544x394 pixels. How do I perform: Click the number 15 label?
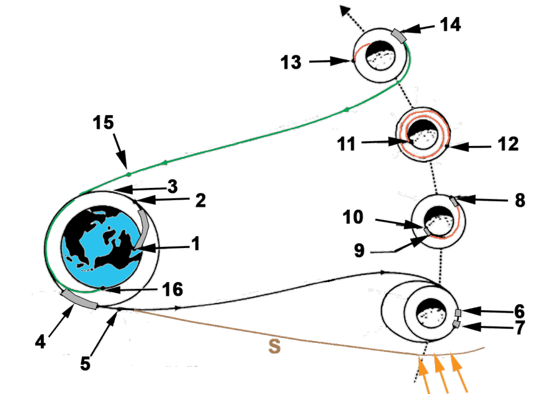click(x=104, y=123)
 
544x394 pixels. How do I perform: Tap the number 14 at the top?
click(x=450, y=24)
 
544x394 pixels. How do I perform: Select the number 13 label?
click(x=291, y=63)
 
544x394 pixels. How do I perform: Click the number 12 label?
click(x=505, y=143)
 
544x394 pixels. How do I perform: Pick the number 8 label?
click(x=520, y=200)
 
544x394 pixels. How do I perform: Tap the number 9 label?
click(x=360, y=250)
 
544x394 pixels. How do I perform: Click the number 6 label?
click(x=519, y=311)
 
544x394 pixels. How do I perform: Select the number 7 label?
click(x=519, y=328)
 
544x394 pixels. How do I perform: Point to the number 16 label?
click(x=171, y=290)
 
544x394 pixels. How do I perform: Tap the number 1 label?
click(x=195, y=244)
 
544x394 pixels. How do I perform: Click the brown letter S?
click(x=274, y=347)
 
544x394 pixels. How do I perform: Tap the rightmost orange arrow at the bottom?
click(x=460, y=375)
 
